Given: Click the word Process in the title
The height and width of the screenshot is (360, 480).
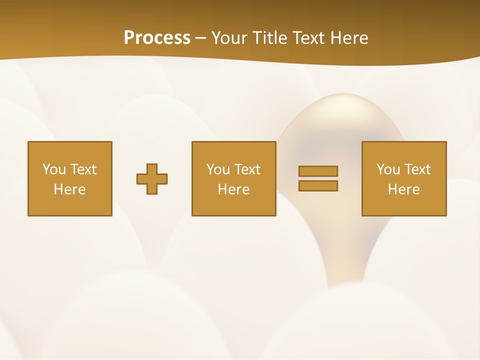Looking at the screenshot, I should click(x=157, y=38).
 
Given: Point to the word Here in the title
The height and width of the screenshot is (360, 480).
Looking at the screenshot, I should click(x=349, y=38).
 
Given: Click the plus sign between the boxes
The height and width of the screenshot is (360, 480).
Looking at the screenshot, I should click(x=152, y=179).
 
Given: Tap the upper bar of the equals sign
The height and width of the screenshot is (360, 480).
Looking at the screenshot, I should click(x=318, y=171).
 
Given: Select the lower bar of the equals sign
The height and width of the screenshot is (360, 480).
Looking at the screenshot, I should click(x=318, y=186).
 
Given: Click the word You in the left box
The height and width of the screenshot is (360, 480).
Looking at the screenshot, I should click(x=54, y=169).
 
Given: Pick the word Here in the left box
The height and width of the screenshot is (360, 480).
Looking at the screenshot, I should click(x=70, y=189).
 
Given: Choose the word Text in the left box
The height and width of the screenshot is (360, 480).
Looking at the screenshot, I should click(x=83, y=169).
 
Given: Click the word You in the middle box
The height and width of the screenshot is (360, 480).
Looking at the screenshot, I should click(x=218, y=169).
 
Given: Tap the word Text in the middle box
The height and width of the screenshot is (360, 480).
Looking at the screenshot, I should click(x=247, y=169).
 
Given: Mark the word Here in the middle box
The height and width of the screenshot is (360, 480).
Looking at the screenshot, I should click(x=234, y=189).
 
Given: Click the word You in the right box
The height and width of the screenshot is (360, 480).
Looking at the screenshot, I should click(x=388, y=169).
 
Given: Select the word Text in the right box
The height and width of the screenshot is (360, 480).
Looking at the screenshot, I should click(x=417, y=169).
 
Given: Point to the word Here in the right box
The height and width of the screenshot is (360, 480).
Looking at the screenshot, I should click(x=404, y=189).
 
